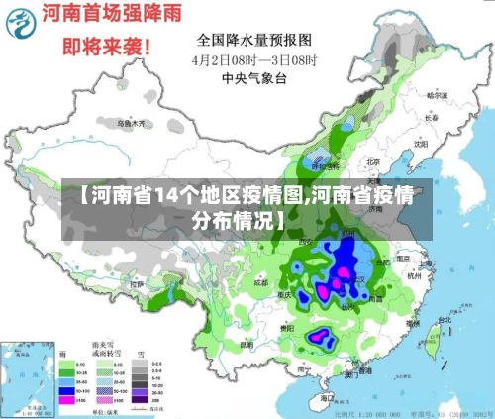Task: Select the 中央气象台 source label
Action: pyautogui.click(x=253, y=76)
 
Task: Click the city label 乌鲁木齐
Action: pyautogui.click(x=131, y=124)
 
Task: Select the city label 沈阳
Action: pyautogui.click(x=420, y=143)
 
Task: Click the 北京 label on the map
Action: pyautogui.click(x=373, y=161)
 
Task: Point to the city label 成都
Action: pyautogui.click(x=260, y=281)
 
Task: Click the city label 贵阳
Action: pyautogui.click(x=286, y=326)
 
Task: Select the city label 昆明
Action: pyautogui.click(x=246, y=344)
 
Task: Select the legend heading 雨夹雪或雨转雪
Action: pyautogui.click(x=103, y=352)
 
